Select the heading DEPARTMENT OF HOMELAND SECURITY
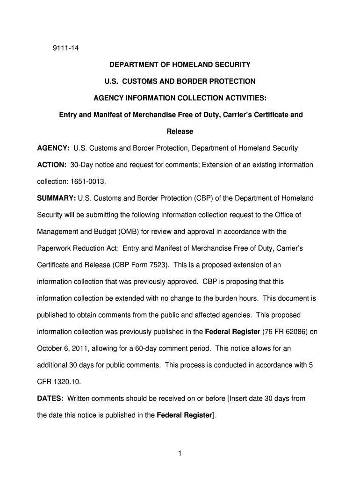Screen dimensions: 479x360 click(x=180, y=65)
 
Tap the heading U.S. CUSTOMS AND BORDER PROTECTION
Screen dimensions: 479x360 click(x=180, y=81)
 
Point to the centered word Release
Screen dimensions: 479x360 click(x=180, y=131)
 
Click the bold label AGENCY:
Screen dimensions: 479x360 click(x=54, y=148)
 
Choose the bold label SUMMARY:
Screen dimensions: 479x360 click(x=57, y=198)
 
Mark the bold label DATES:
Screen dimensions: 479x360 click(x=51, y=399)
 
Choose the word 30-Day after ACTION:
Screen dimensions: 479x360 click(x=83, y=165)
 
